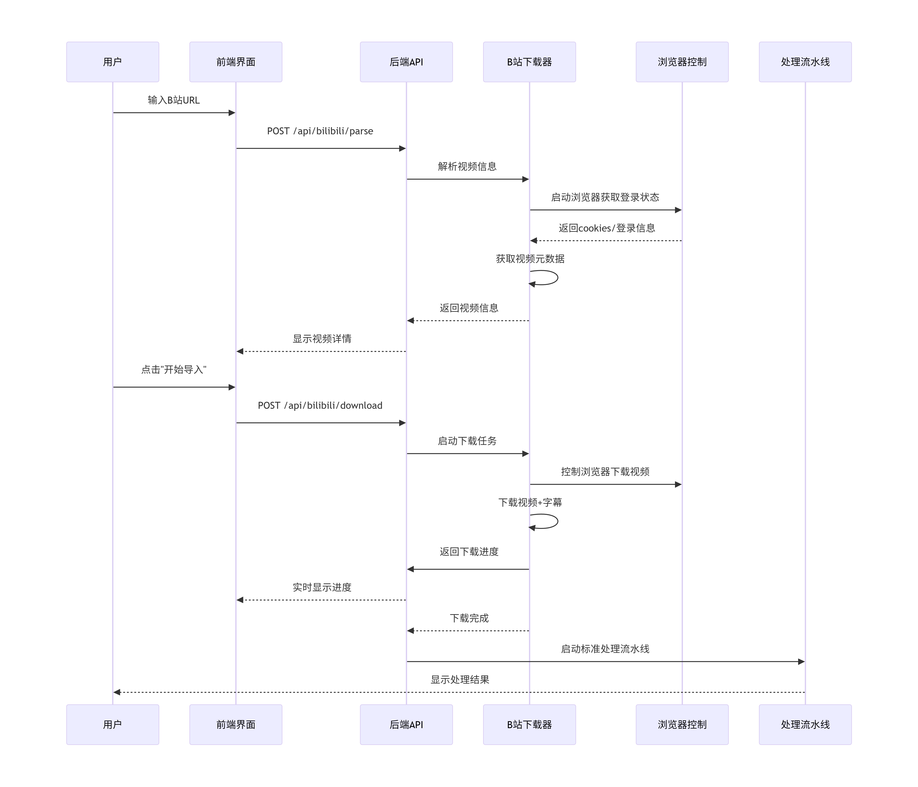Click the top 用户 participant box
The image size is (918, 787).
[112, 62]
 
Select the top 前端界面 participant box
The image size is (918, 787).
[236, 62]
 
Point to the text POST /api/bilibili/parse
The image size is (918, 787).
[320, 131]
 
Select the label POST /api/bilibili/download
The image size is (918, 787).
[320, 406]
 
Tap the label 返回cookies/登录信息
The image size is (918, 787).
[606, 228]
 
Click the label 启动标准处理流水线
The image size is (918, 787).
[605, 649]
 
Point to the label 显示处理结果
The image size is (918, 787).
[460, 679]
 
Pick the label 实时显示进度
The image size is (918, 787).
[322, 587]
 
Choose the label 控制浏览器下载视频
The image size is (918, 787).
[605, 472]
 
